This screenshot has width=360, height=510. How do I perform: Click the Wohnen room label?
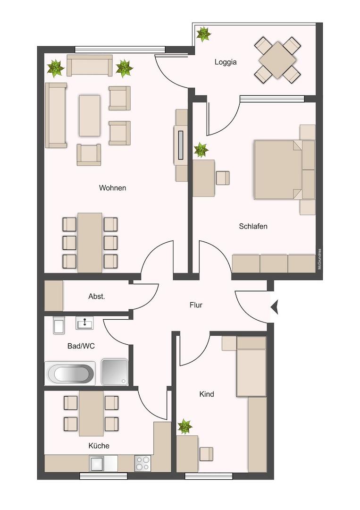click(x=112, y=187)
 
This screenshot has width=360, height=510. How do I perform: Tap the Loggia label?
click(x=226, y=62)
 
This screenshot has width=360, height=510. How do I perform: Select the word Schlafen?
click(x=253, y=226)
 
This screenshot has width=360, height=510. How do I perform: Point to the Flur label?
click(x=196, y=305)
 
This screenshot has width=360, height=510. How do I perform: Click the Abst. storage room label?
click(x=97, y=297)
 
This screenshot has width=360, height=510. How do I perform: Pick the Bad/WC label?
click(x=81, y=346)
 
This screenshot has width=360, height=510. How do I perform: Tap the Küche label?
click(x=99, y=446)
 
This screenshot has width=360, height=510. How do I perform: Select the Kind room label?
click(x=207, y=394)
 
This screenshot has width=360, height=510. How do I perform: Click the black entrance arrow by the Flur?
click(x=275, y=307)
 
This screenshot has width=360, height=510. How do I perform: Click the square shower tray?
click(x=115, y=372)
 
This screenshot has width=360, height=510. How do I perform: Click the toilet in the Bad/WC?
click(x=59, y=325)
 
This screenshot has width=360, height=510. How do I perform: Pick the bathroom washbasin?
click(x=85, y=323)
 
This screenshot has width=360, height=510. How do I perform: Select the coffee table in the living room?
click(x=89, y=116)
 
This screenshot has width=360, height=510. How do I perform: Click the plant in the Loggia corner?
click(x=203, y=34)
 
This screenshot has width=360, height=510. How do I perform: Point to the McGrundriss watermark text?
click(x=320, y=259)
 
